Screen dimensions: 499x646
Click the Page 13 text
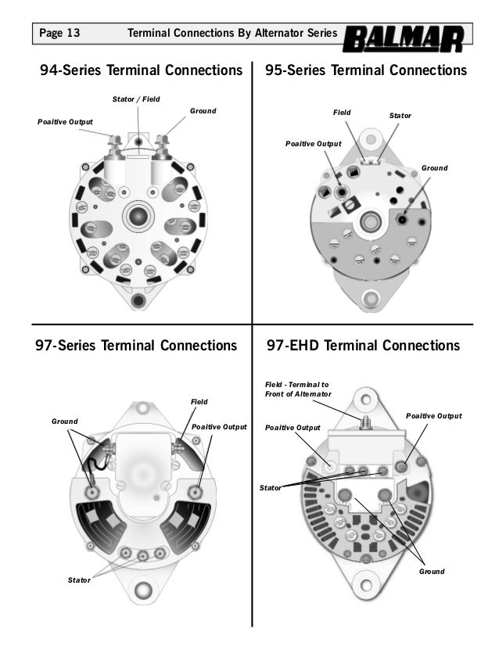pyautogui.click(x=59, y=34)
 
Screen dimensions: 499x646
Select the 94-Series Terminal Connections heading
pyautogui.click(x=141, y=71)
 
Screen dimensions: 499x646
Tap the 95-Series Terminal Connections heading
pyautogui.click(x=366, y=71)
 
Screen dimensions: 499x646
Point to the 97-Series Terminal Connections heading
pyautogui.click(x=137, y=346)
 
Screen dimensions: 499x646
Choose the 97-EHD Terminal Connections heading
pyautogui.click(x=364, y=346)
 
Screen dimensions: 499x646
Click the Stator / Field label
pyautogui.click(x=137, y=99)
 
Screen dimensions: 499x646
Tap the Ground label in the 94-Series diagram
pyautogui.click(x=203, y=112)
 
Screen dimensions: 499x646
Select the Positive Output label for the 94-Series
pyautogui.click(x=65, y=122)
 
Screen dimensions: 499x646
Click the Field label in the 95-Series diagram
pyautogui.click(x=342, y=113)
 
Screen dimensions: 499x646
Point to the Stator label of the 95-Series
pyautogui.click(x=400, y=116)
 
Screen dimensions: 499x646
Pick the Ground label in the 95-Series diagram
pyautogui.click(x=434, y=167)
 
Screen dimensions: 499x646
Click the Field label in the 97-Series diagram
pyautogui.click(x=199, y=401)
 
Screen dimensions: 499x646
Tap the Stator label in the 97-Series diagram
pyautogui.click(x=80, y=580)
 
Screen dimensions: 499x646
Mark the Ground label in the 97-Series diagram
pyautogui.click(x=65, y=421)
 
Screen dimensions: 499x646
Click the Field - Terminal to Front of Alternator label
pyautogui.click(x=293, y=389)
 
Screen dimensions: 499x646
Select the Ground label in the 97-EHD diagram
pyautogui.click(x=432, y=572)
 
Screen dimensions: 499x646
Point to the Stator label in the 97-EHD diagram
pyautogui.click(x=271, y=488)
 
